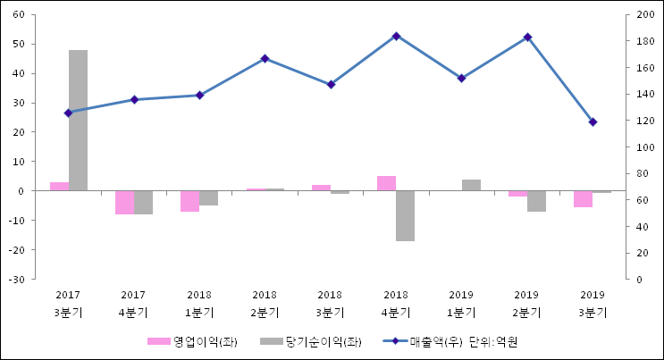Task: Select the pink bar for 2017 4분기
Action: (x=124, y=202)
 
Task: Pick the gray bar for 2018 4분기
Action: (x=405, y=215)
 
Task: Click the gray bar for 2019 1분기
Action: (x=471, y=185)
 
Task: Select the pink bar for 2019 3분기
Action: (x=583, y=198)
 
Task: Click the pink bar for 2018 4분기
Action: (x=386, y=183)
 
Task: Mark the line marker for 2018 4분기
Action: (x=396, y=36)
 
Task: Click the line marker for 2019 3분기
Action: (x=593, y=121)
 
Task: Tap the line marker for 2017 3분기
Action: (x=68, y=113)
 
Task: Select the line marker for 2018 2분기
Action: (x=265, y=58)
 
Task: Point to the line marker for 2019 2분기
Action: (x=527, y=37)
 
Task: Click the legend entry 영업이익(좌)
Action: (x=191, y=341)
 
